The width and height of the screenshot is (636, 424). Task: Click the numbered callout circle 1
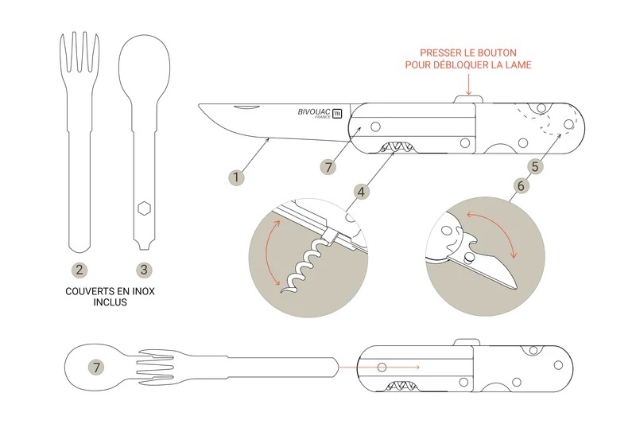(x=236, y=177)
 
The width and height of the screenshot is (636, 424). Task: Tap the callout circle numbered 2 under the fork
(x=79, y=270)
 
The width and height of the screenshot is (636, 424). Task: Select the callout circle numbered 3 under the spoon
(x=144, y=270)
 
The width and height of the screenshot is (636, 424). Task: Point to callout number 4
(x=361, y=192)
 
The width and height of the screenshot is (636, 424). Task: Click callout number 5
(x=535, y=166)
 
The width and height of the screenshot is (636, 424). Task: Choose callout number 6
(x=522, y=186)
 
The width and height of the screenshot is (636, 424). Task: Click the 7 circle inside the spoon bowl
(x=96, y=368)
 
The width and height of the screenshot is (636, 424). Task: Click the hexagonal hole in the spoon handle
(x=144, y=208)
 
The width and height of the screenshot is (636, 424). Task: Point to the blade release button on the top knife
(x=468, y=99)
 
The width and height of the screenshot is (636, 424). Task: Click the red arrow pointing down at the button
(x=468, y=84)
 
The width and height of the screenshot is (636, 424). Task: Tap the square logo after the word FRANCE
(x=337, y=114)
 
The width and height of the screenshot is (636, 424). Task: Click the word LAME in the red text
(x=518, y=65)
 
